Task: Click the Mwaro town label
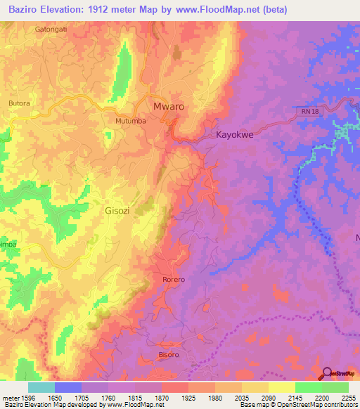(x=168, y=107)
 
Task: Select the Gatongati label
(x=51, y=30)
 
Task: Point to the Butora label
(x=19, y=103)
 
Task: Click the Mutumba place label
(x=130, y=120)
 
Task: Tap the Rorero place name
(x=173, y=280)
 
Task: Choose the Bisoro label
(x=168, y=355)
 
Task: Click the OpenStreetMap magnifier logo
(x=327, y=373)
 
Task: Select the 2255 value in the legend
(x=349, y=397)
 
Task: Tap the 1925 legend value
(x=188, y=397)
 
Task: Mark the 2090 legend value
(x=269, y=397)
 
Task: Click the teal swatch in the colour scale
(x=41, y=387)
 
